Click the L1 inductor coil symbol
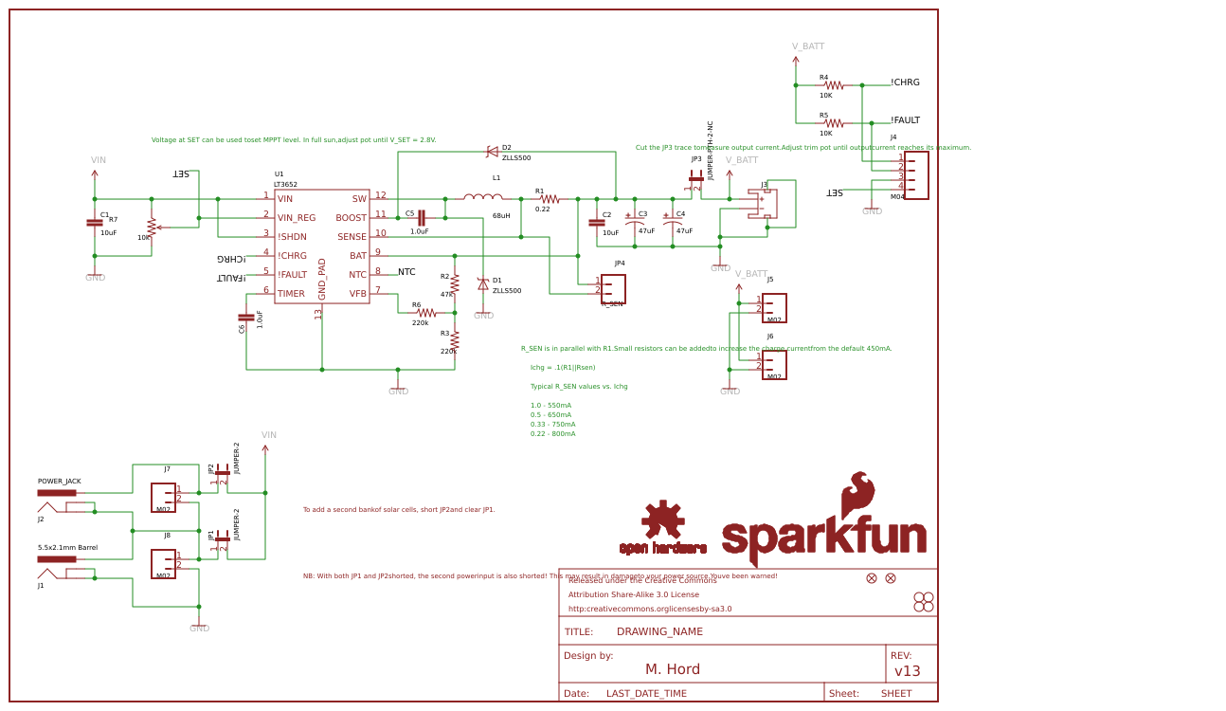pos(483,197)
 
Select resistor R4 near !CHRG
pos(833,85)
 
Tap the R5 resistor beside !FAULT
pos(833,123)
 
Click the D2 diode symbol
pos(492,152)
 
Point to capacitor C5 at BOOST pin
pos(421,218)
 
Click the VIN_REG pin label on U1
pos(297,218)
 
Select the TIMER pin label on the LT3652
pos(291,294)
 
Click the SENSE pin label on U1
pos(352,237)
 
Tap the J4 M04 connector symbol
pos(915,175)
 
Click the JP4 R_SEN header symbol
pos(613,288)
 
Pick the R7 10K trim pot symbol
pos(152,228)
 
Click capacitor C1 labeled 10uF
pos(95,223)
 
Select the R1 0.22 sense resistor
pos(550,199)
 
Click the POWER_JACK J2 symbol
pos(57,493)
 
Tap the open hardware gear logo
pos(662,520)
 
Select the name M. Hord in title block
pos(673,669)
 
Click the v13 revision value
pos(908,671)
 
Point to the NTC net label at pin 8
pos(406,272)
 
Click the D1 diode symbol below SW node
pos(483,283)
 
